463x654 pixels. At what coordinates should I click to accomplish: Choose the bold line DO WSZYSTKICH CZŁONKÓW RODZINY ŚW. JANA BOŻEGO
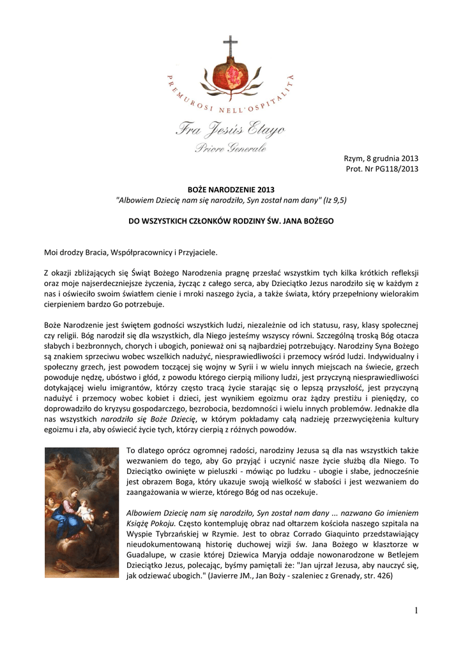231,222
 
